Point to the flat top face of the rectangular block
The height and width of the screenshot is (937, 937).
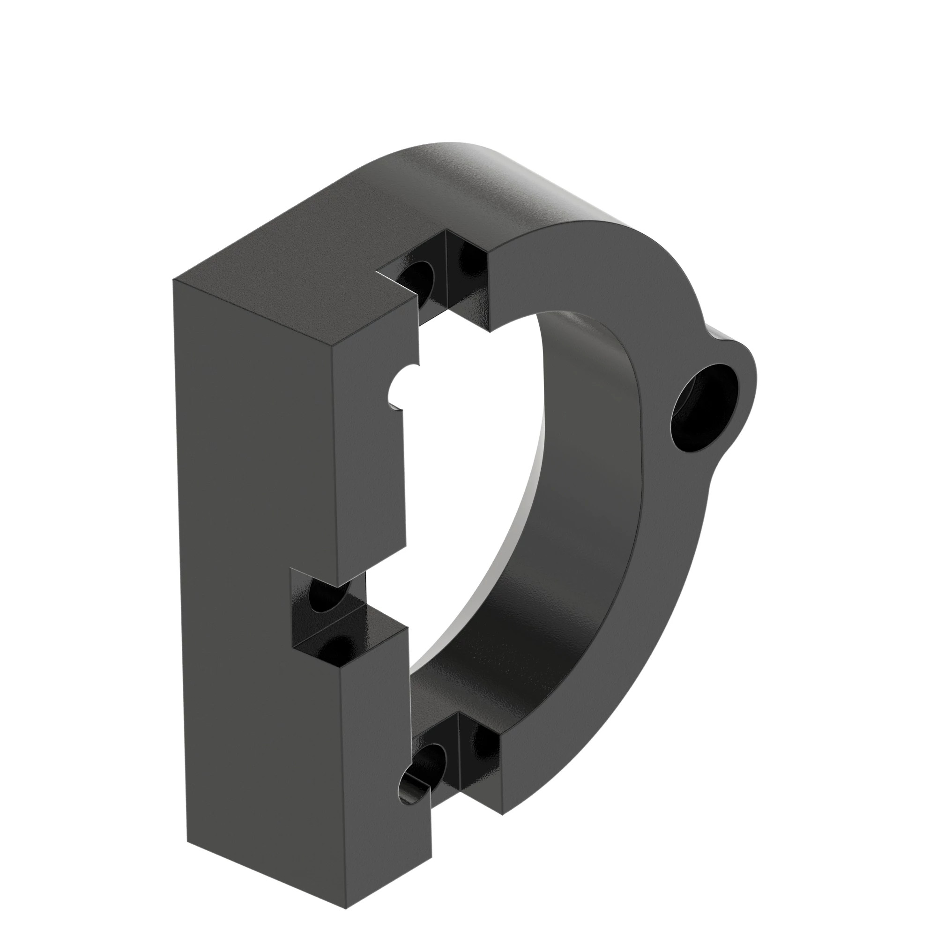(x=291, y=276)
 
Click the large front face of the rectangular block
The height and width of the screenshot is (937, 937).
(x=257, y=485)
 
